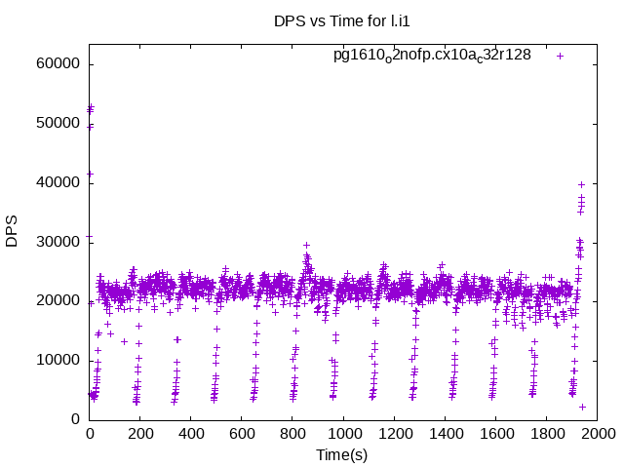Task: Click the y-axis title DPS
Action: pyautogui.click(x=12, y=231)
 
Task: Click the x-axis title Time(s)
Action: pyautogui.click(x=341, y=455)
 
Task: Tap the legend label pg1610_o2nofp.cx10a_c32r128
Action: pyautogui.click(x=432, y=55)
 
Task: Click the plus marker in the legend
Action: pyautogui.click(x=561, y=56)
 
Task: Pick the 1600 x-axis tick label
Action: pyautogui.click(x=495, y=434)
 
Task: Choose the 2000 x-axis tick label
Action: pyautogui.click(x=597, y=434)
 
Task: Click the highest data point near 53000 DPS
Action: pyautogui.click(x=91, y=107)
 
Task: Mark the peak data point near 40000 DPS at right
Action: pyautogui.click(x=581, y=183)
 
